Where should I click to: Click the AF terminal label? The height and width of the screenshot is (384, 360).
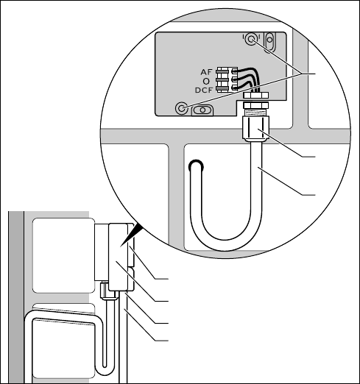pos(206,72)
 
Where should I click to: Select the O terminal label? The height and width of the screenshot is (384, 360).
pos(207,81)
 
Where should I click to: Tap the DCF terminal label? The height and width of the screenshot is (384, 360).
pos(204,90)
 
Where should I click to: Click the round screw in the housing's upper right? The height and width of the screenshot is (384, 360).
pos(251,39)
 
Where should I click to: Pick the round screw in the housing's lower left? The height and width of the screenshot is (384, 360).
pos(182,108)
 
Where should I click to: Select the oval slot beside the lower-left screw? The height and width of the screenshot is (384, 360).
pos(202,110)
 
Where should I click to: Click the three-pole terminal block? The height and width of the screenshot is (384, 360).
pos(227,79)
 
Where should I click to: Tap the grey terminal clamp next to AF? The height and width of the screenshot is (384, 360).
pos(222,71)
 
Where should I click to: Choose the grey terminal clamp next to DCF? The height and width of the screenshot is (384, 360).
pos(222,88)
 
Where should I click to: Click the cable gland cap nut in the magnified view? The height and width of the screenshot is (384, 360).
pos(256,129)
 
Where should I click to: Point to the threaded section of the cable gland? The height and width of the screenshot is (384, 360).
pos(256,113)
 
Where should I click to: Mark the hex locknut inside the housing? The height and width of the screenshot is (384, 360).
pos(256,95)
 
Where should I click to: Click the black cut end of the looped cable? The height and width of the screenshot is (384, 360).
pos(196,165)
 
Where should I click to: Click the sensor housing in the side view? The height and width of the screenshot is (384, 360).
pos(119,257)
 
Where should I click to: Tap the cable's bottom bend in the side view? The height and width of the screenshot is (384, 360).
pos(106,370)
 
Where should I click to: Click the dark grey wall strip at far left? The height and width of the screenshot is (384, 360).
pos(16,297)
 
